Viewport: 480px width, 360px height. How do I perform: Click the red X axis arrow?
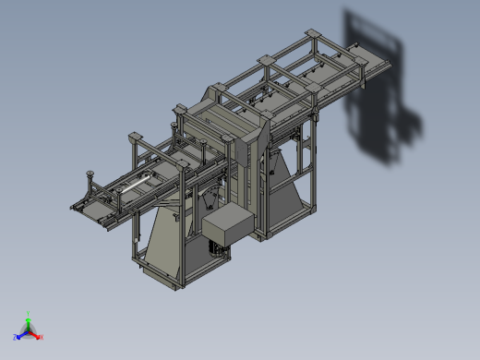(x=35, y=335)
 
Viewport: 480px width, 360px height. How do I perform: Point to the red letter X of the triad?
(x=42, y=337)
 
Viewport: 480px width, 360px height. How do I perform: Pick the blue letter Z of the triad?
(x=15, y=337)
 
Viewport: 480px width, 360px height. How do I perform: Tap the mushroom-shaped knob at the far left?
(x=90, y=173)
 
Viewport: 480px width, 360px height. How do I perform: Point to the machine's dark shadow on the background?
(x=378, y=92)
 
